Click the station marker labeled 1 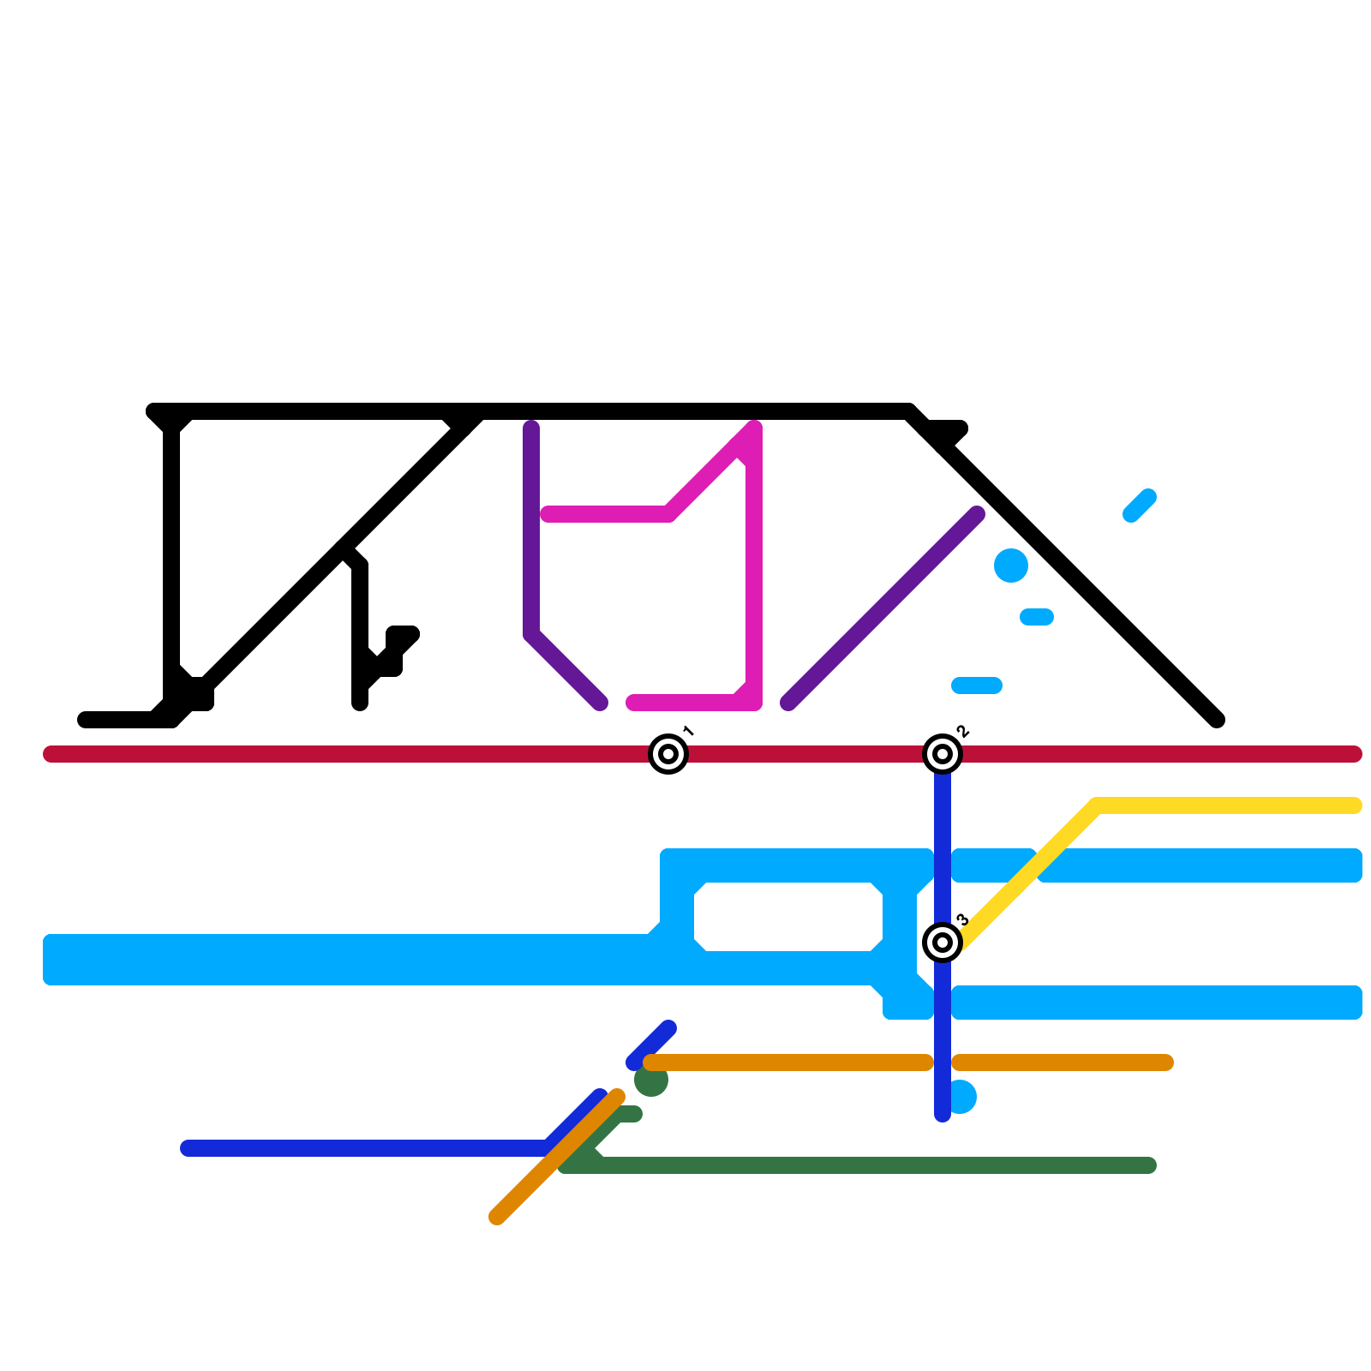668,754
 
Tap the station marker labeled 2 943,754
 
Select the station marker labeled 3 943,943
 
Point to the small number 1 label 688,731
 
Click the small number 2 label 962,731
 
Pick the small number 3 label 962,919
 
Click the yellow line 1225,805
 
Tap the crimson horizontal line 343,754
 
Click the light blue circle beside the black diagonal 1011,566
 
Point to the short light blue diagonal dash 1140,506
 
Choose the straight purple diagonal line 883,608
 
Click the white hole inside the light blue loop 788,917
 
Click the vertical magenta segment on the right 754,583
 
